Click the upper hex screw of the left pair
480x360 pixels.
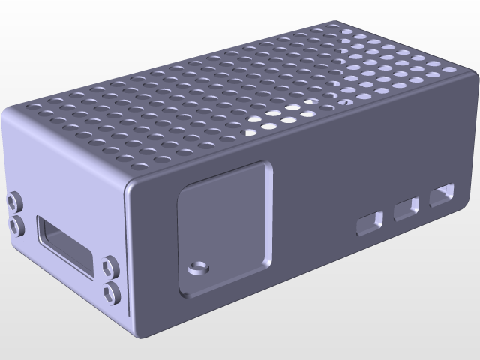click(x=13, y=201)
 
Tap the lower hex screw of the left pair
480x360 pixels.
click(x=14, y=223)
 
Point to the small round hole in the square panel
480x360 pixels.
click(x=198, y=266)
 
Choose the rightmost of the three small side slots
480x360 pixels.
click(x=442, y=195)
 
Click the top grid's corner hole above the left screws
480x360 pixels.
click(x=35, y=106)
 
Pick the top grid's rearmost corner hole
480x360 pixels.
click(x=331, y=28)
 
